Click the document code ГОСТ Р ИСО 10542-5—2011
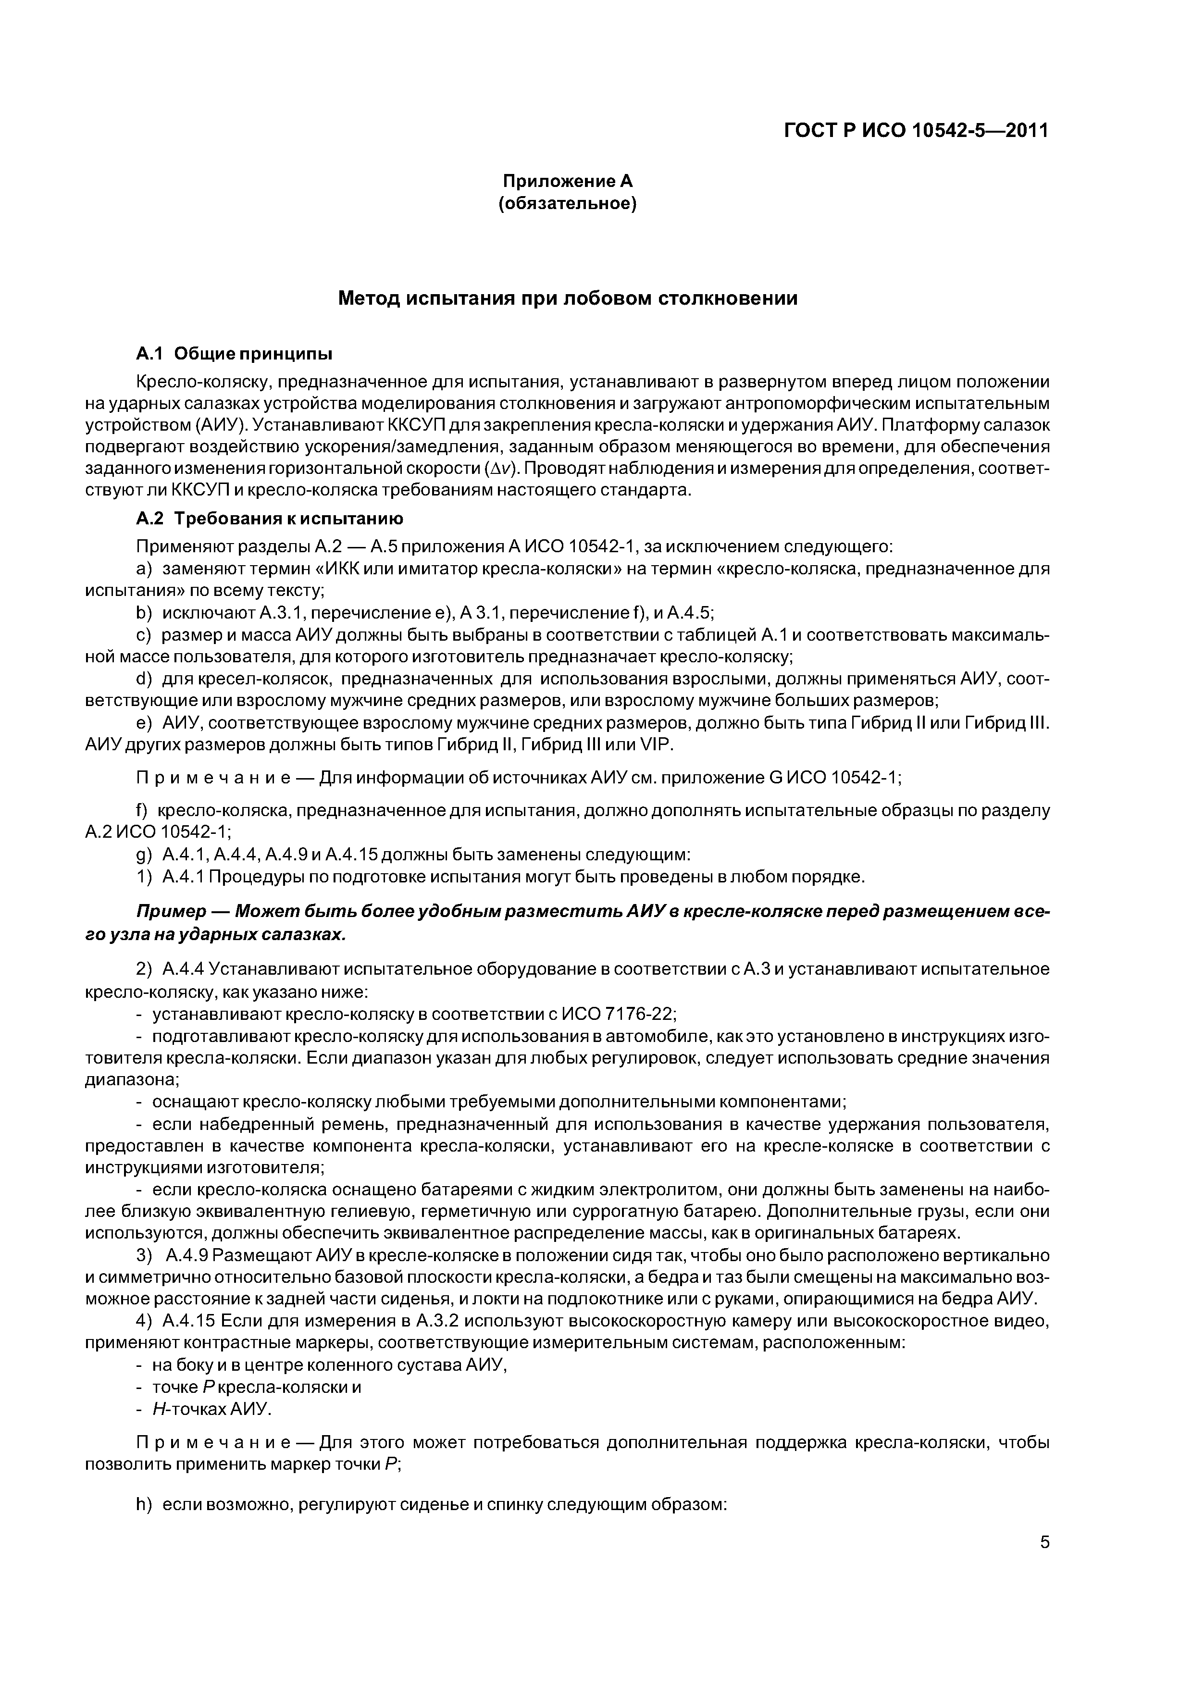pyautogui.click(x=916, y=131)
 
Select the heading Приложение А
pyautogui.click(x=567, y=181)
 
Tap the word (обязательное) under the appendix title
pyautogui.click(x=567, y=203)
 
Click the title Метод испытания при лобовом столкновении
pyautogui.click(x=567, y=299)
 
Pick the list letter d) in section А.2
pyautogui.click(x=144, y=679)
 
